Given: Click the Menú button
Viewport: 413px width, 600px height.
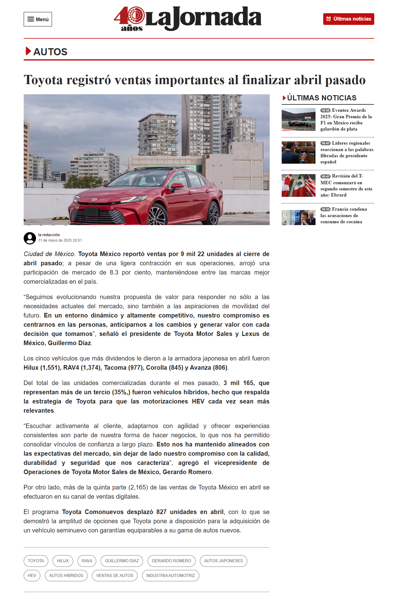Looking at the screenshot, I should (x=38, y=19).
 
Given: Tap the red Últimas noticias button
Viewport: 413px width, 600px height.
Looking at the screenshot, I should (x=348, y=19).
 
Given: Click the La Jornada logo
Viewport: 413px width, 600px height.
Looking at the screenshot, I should (x=188, y=19).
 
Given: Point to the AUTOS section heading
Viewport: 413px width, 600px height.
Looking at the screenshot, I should (x=50, y=52).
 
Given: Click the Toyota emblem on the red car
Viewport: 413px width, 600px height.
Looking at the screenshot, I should (x=94, y=200).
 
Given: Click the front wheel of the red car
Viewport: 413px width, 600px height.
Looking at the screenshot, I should (x=157, y=216).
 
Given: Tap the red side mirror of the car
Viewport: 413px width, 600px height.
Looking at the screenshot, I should (x=177, y=185).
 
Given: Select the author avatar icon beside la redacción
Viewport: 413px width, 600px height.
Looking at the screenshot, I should (x=30, y=238).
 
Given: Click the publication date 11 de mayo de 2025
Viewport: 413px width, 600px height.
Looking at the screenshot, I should (x=60, y=240).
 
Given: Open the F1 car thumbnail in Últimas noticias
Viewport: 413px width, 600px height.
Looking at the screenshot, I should (x=298, y=119).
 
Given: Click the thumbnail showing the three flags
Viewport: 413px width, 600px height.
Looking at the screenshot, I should (x=298, y=185).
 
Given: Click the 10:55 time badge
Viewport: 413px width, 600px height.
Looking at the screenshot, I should (x=325, y=111).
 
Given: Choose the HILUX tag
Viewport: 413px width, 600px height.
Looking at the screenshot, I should (x=63, y=561).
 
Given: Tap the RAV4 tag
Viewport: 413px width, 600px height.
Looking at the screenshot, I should (x=87, y=561).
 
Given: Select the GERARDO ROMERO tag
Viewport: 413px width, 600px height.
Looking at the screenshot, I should (x=171, y=561).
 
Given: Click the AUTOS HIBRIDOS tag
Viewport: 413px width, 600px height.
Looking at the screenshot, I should (x=66, y=575).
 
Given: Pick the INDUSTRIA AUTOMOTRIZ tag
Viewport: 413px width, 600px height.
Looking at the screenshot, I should (x=170, y=575).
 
